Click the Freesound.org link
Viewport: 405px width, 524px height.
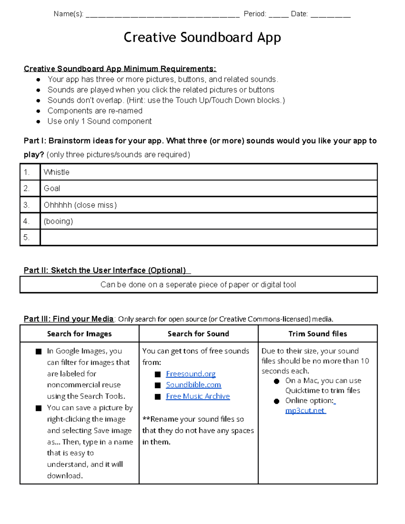(191, 374)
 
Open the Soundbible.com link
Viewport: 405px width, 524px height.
(193, 385)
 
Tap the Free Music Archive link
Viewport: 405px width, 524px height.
(198, 396)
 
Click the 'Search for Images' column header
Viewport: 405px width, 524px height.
(79, 334)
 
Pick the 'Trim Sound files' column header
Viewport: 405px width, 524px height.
(318, 334)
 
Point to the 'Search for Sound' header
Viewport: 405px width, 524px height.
(198, 334)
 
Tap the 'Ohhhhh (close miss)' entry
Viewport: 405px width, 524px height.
(80, 205)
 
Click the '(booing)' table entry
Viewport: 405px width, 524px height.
(58, 221)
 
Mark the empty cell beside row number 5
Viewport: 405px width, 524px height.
(209, 237)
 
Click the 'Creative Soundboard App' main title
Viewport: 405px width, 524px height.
(202, 37)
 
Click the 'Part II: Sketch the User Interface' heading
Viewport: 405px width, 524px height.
(105, 270)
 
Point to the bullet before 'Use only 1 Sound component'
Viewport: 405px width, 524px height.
(38, 121)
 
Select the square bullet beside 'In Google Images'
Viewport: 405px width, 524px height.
(39, 352)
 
